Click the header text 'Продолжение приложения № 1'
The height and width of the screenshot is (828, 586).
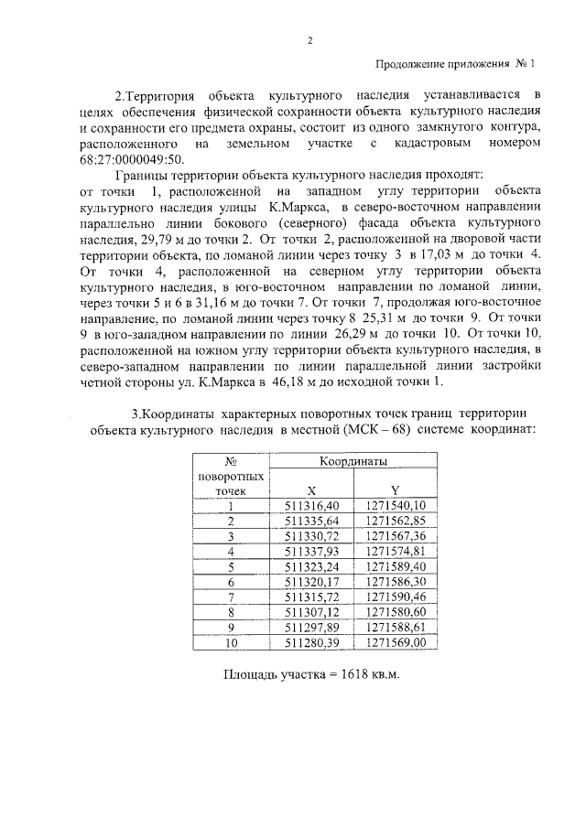[454, 64]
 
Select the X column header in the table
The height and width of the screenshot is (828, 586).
[312, 489]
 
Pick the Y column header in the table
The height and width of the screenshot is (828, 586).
[395, 489]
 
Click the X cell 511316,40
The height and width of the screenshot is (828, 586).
[312, 505]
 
